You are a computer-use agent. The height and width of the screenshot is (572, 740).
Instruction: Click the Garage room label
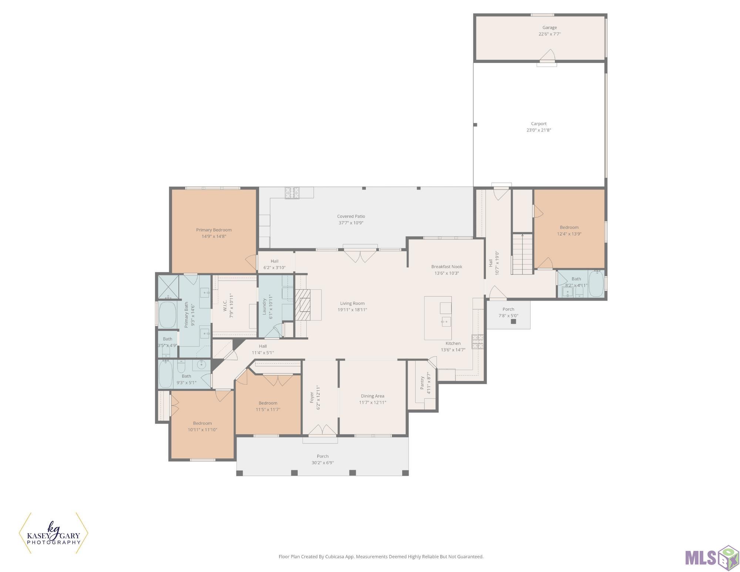pos(549,27)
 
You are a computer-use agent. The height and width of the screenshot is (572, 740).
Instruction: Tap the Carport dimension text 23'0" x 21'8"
pos(539,130)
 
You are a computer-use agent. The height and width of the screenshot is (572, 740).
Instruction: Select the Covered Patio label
pos(351,216)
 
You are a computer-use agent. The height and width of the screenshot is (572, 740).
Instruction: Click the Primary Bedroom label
pos(214,230)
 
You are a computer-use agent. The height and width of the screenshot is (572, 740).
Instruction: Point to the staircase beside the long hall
pos(522,254)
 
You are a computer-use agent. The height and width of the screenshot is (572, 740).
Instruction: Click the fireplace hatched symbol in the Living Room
pos(302,304)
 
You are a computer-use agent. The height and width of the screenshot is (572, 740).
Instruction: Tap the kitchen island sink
pos(446,321)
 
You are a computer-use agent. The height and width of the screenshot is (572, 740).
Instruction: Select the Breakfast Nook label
pos(447,267)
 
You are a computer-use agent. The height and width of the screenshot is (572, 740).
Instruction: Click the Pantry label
pos(422,383)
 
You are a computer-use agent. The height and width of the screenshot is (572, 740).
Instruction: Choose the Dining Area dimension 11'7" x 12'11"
pos(373,402)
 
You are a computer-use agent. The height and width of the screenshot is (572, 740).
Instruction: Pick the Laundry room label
pos(265,307)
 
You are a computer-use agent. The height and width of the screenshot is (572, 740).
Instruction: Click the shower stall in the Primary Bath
pos(168,287)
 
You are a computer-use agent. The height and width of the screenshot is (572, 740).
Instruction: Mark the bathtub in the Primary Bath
pos(167,315)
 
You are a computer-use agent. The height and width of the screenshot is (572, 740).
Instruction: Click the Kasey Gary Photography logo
pos(54,533)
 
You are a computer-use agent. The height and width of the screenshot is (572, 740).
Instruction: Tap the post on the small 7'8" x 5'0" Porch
pos(513,321)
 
